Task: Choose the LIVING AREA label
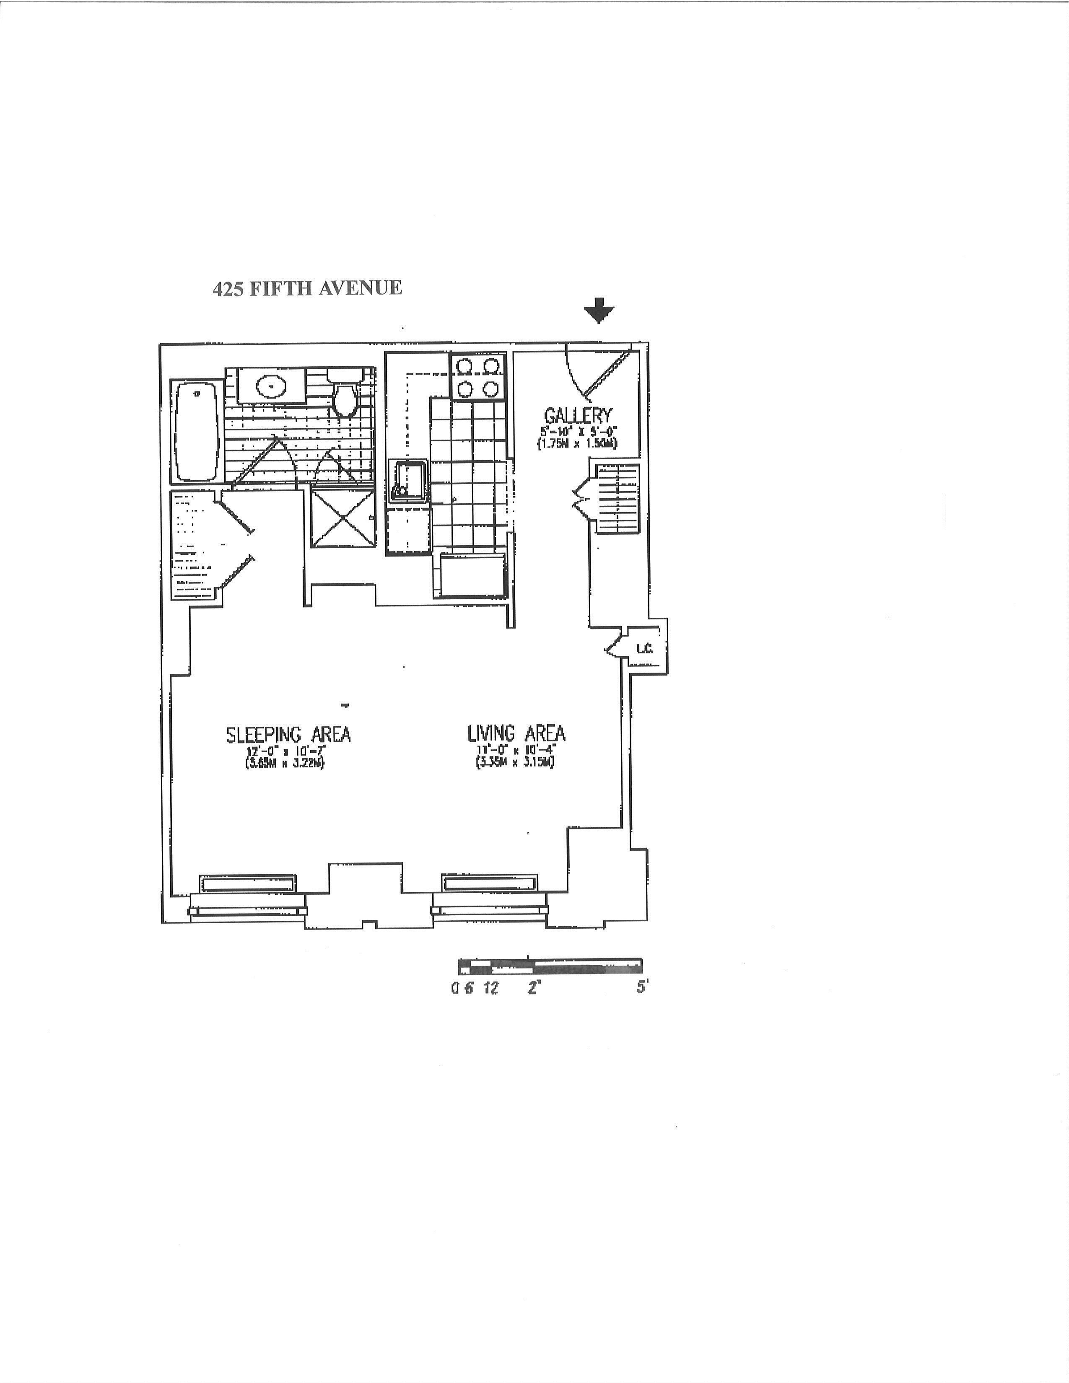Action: point(516,733)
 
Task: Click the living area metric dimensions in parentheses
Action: point(516,764)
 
